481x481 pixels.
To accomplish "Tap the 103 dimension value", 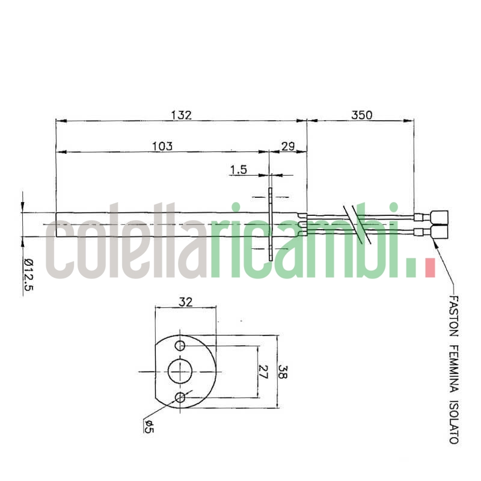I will [162, 146].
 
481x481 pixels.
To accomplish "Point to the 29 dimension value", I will [287, 146].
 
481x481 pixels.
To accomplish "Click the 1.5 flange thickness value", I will [238, 170].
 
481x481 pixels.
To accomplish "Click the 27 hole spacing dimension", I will [263, 372].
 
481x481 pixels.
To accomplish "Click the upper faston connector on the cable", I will [440, 216].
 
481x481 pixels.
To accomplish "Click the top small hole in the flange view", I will [180, 346].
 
